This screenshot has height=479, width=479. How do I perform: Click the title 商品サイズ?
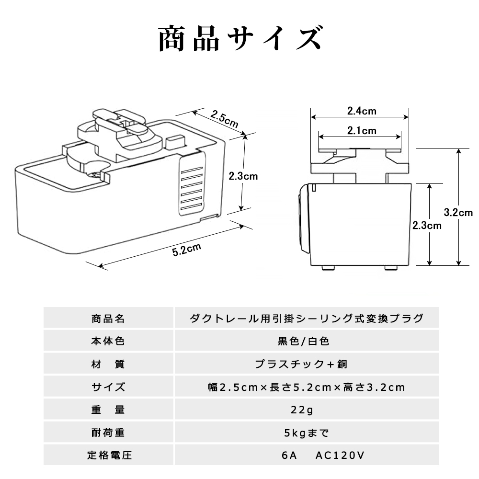(x=239, y=39)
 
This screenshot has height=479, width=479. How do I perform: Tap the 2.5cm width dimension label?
(x=224, y=118)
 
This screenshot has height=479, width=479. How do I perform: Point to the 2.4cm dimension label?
(x=361, y=111)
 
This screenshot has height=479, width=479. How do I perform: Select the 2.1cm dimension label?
(x=362, y=130)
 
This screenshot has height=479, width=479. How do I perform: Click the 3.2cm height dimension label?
(x=458, y=212)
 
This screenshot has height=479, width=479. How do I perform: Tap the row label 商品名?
(x=108, y=319)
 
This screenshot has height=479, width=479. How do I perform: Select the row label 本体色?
(x=108, y=342)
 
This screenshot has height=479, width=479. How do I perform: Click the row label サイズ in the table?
(x=108, y=387)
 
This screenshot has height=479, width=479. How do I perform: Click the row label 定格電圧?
(x=108, y=456)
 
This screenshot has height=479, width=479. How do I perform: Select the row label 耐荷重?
(x=108, y=433)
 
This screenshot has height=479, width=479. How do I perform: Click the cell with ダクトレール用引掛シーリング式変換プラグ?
(x=307, y=319)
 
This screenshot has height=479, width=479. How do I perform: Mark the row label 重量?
(x=108, y=410)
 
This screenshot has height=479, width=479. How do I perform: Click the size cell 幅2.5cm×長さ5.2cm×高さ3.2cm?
(x=307, y=387)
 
